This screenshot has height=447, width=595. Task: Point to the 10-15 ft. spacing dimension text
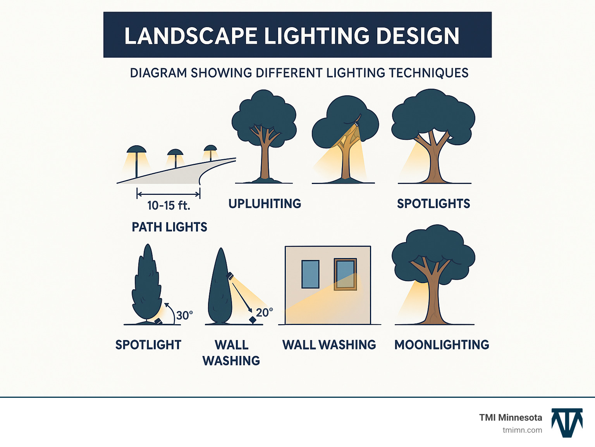pos(169,205)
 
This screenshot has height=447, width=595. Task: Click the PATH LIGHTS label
pos(169,227)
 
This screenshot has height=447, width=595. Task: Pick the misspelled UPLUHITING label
pos(265,204)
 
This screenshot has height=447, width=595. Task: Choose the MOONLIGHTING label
pos(442,345)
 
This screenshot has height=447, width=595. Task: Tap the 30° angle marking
pos(184,315)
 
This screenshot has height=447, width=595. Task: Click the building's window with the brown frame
pos(345,274)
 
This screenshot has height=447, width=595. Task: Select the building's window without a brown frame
pos(310,274)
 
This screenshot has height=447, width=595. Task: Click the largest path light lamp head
pos(136,149)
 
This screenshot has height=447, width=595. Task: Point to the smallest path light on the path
pos(210,149)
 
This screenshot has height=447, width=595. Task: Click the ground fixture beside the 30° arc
pos(158,321)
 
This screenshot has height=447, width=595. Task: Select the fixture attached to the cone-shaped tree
pos(230,276)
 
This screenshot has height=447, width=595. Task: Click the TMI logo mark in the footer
pos(567,423)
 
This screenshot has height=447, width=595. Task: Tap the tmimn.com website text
pos(522,430)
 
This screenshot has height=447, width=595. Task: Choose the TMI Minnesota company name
pos(510,418)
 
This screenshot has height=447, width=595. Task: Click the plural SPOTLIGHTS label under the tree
pos(433,204)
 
